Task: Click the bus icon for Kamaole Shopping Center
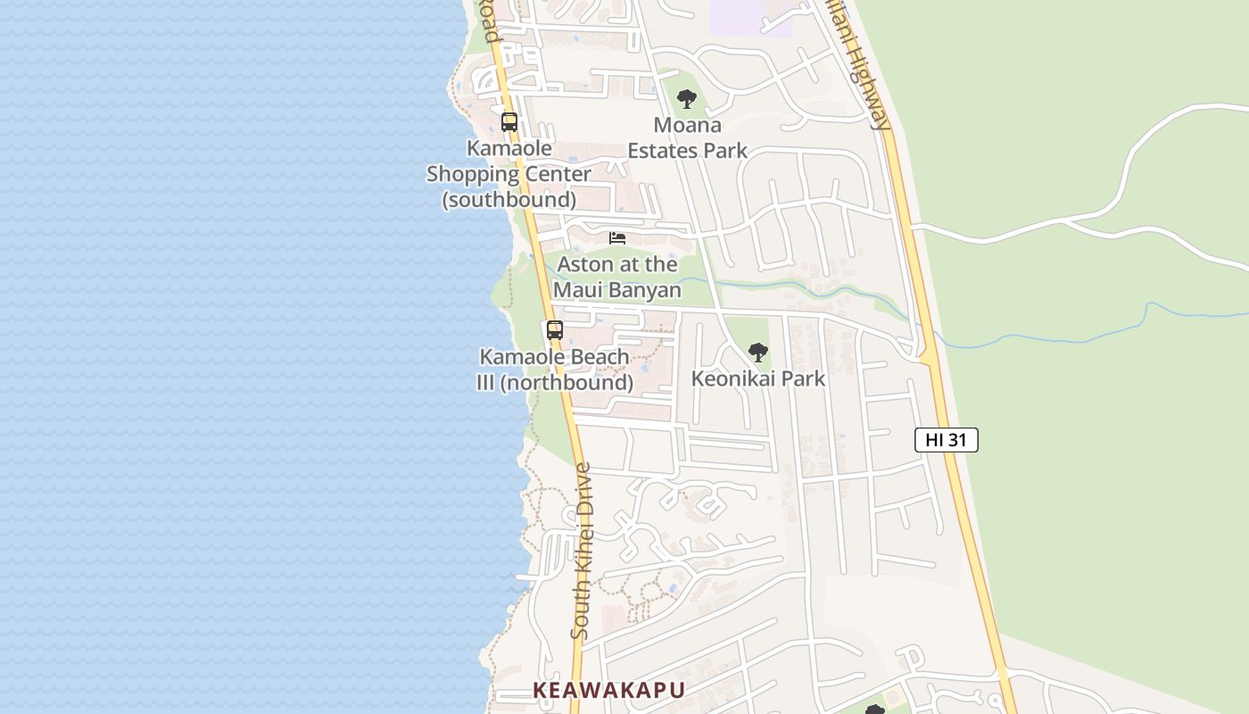[x=509, y=122]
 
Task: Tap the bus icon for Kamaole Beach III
[x=555, y=330]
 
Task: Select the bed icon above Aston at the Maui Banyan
[x=617, y=238]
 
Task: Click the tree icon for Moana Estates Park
[x=686, y=99]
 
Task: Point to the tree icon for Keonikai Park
[x=758, y=353]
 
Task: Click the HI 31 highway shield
[x=947, y=440]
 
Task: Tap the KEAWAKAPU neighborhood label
[x=609, y=690]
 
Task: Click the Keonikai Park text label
[x=758, y=378]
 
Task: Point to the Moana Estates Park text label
[x=687, y=137]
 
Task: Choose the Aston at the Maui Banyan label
[x=617, y=277]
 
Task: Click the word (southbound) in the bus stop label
[x=509, y=199]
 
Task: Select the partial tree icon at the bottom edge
[x=875, y=710]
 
